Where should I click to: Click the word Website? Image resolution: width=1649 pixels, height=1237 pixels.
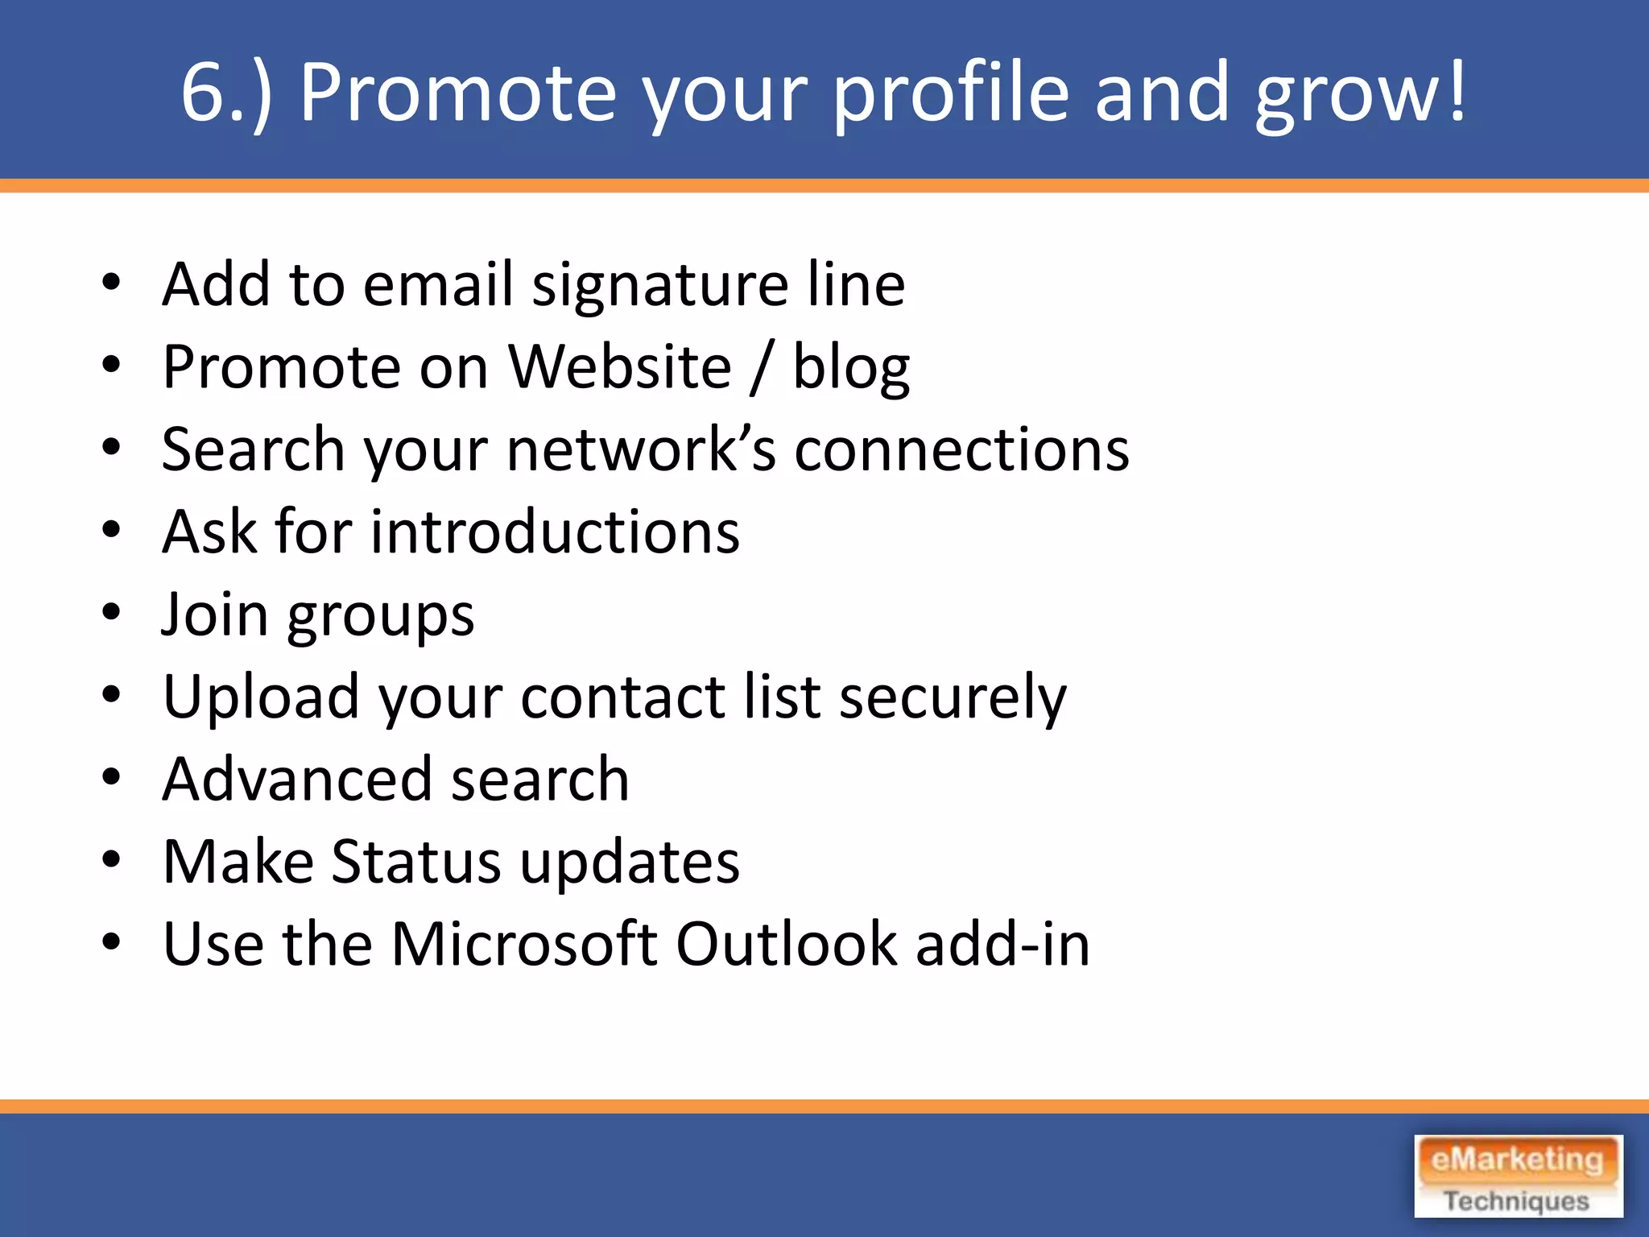[x=620, y=367]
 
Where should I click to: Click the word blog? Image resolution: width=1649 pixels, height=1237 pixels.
[x=851, y=367]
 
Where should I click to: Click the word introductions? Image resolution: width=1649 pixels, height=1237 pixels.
[x=554, y=532]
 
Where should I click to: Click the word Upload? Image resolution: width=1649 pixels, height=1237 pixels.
[x=260, y=697]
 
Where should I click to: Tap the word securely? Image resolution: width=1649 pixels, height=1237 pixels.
[x=953, y=697]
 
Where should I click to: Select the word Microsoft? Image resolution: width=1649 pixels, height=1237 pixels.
[x=524, y=944]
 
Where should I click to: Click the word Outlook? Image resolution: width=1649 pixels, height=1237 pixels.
[x=786, y=944]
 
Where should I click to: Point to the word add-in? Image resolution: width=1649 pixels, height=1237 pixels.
[x=1002, y=944]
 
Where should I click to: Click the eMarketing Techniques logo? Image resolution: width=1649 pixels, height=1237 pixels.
[x=1518, y=1176]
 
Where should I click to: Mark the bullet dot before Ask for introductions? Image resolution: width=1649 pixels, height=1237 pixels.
[x=111, y=531]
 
